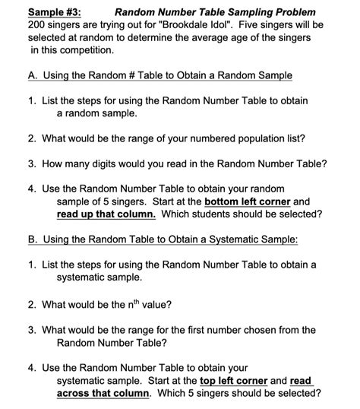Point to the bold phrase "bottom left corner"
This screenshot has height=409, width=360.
pos(249,201)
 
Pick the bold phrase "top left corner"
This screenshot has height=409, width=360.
pos(233,380)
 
